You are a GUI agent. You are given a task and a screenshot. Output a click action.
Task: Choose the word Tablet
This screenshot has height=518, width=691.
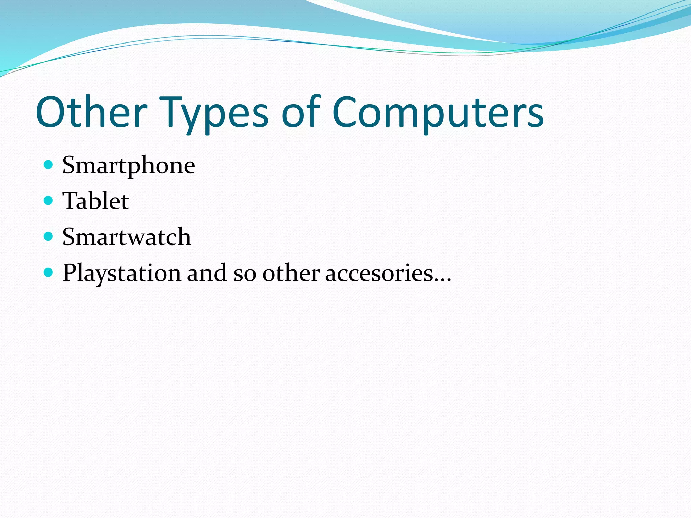click(x=95, y=201)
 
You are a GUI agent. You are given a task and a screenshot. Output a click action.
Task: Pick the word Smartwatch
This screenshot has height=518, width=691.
click(x=127, y=237)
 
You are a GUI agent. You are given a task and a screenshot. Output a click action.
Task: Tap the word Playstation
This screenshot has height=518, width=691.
click(x=122, y=273)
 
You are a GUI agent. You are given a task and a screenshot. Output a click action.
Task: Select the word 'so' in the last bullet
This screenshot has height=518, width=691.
click(x=245, y=273)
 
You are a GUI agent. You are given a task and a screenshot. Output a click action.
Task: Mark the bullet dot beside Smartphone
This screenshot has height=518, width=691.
click(x=49, y=165)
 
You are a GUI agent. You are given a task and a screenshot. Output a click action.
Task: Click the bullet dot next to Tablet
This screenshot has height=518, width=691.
click(x=49, y=201)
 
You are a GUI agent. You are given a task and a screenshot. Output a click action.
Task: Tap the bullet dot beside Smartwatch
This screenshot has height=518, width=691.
click(x=49, y=236)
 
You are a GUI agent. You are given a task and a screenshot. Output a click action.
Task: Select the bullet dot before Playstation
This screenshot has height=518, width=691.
click(x=49, y=272)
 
